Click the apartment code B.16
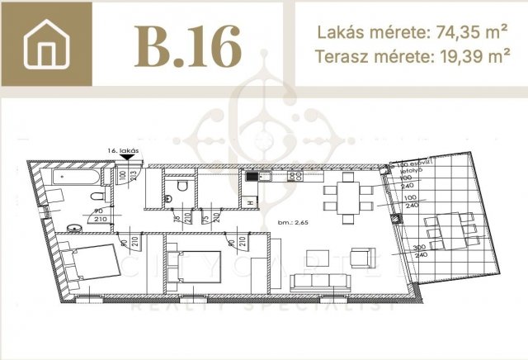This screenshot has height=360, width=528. (189, 45)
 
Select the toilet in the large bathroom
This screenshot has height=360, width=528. (97, 198)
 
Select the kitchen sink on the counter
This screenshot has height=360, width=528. (252, 176)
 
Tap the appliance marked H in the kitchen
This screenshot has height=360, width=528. (250, 201)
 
